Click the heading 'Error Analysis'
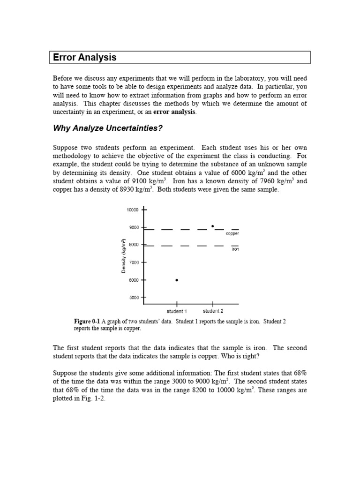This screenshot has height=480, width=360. click(x=85, y=58)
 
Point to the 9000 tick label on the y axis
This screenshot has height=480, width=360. click(x=133, y=227)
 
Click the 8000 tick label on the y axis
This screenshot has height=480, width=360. click(x=133, y=245)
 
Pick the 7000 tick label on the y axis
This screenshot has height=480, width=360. click(x=133, y=262)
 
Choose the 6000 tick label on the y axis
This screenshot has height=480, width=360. click(x=133, y=280)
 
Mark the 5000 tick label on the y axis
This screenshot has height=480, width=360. click(x=133, y=298)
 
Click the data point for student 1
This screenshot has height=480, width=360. click(x=177, y=280)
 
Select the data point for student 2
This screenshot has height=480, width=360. click(x=212, y=226)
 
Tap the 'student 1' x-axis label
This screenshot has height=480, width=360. click(x=177, y=311)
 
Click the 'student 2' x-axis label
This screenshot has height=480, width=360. click(x=213, y=311)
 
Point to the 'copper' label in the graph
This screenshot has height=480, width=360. click(x=232, y=233)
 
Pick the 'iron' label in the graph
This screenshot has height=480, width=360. click(x=235, y=250)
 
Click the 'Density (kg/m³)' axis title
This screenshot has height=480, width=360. click(x=124, y=256)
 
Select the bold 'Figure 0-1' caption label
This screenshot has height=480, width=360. click(x=87, y=322)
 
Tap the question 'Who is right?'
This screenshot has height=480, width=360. click(x=243, y=356)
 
